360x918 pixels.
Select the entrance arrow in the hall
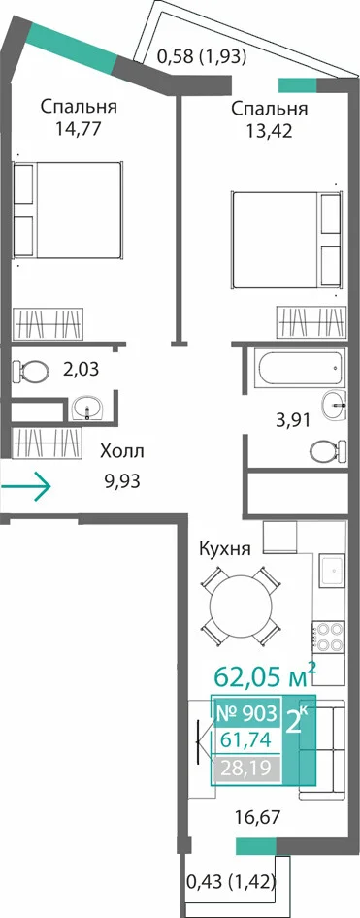pos(26,485)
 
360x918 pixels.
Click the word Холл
pos(121,452)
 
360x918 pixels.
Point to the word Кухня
pos(225,550)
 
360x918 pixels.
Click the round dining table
pos(241,605)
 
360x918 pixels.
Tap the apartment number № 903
pos(246,713)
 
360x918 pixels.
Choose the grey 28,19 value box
pos(246,768)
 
